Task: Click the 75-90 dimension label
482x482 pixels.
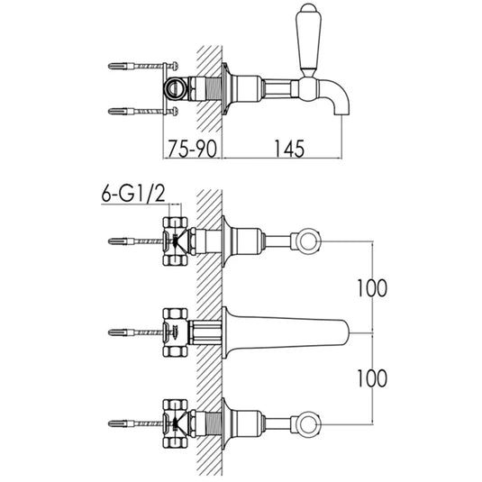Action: (x=192, y=149)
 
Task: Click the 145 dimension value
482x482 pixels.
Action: (x=289, y=149)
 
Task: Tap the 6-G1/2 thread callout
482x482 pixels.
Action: (x=133, y=195)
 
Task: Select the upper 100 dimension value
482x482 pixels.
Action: (x=372, y=288)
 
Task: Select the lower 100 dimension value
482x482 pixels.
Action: (x=372, y=378)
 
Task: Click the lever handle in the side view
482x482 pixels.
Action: (x=308, y=40)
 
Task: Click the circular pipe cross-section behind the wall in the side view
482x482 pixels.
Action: (x=175, y=88)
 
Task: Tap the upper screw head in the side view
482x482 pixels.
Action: (x=176, y=66)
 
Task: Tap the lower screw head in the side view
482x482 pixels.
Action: (x=176, y=111)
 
